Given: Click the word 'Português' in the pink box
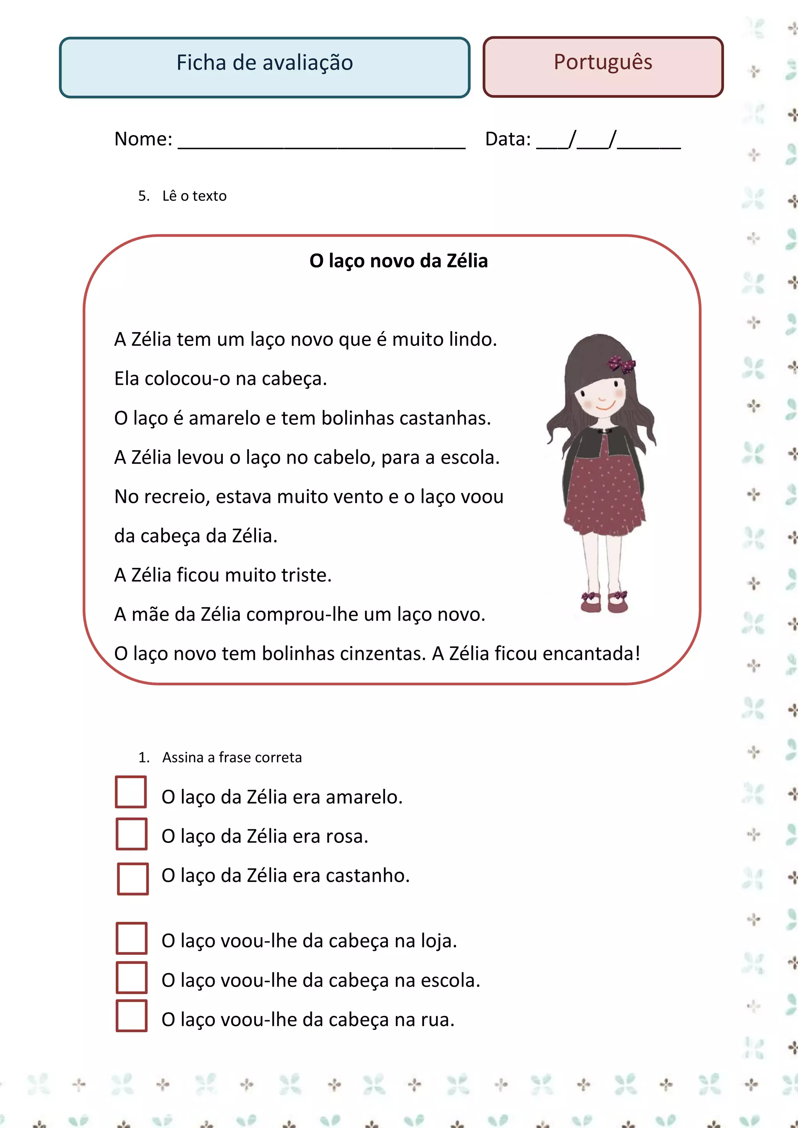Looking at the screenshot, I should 603,62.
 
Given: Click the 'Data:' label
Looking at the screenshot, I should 507,139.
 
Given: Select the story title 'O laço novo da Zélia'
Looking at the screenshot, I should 398,261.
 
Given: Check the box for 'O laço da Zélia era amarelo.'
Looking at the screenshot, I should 131,792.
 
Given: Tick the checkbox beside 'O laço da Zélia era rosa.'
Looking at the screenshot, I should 131,834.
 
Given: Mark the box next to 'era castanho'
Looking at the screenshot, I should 133,878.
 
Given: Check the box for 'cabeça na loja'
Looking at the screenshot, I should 131,938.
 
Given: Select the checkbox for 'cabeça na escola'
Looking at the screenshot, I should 131,977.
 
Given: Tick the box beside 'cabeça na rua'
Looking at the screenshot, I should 131,1015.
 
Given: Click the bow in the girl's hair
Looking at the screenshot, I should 621,364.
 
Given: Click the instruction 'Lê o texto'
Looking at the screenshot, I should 194,196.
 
